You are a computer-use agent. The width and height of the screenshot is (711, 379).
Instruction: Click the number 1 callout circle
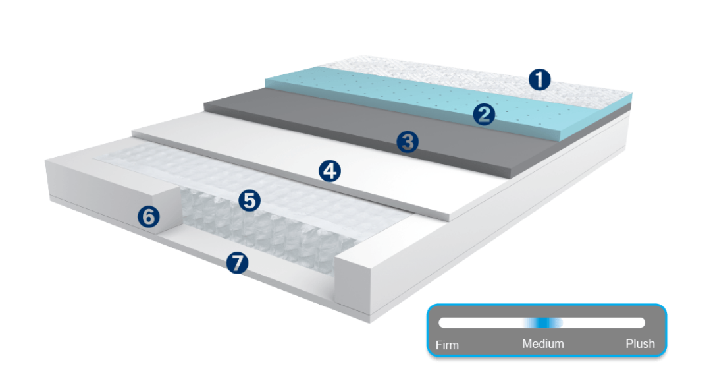coord(539,81)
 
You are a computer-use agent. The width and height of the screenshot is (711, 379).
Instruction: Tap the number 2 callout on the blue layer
coord(485,115)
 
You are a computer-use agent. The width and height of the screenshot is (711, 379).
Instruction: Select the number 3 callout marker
coord(408,142)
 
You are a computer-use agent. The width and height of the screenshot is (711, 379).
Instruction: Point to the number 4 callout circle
coord(329,171)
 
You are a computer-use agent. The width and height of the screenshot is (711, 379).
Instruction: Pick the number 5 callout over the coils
coord(249,200)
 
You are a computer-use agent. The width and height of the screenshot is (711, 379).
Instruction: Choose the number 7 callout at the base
coord(237,264)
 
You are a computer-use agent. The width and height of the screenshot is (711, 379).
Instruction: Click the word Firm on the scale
coord(447,345)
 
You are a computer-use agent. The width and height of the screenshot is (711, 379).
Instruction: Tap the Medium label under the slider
coord(542,344)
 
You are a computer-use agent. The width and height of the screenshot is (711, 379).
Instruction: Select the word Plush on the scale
coord(640,344)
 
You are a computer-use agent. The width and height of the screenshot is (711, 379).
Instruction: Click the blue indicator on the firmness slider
coord(542,322)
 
